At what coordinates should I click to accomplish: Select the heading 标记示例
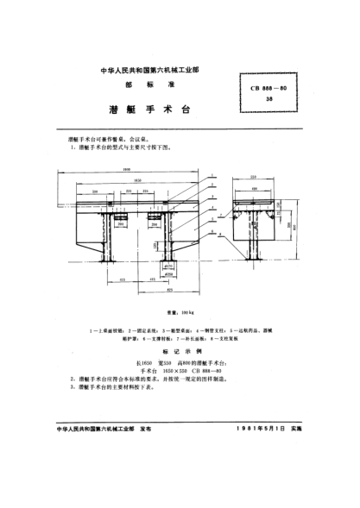tap(180, 341)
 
